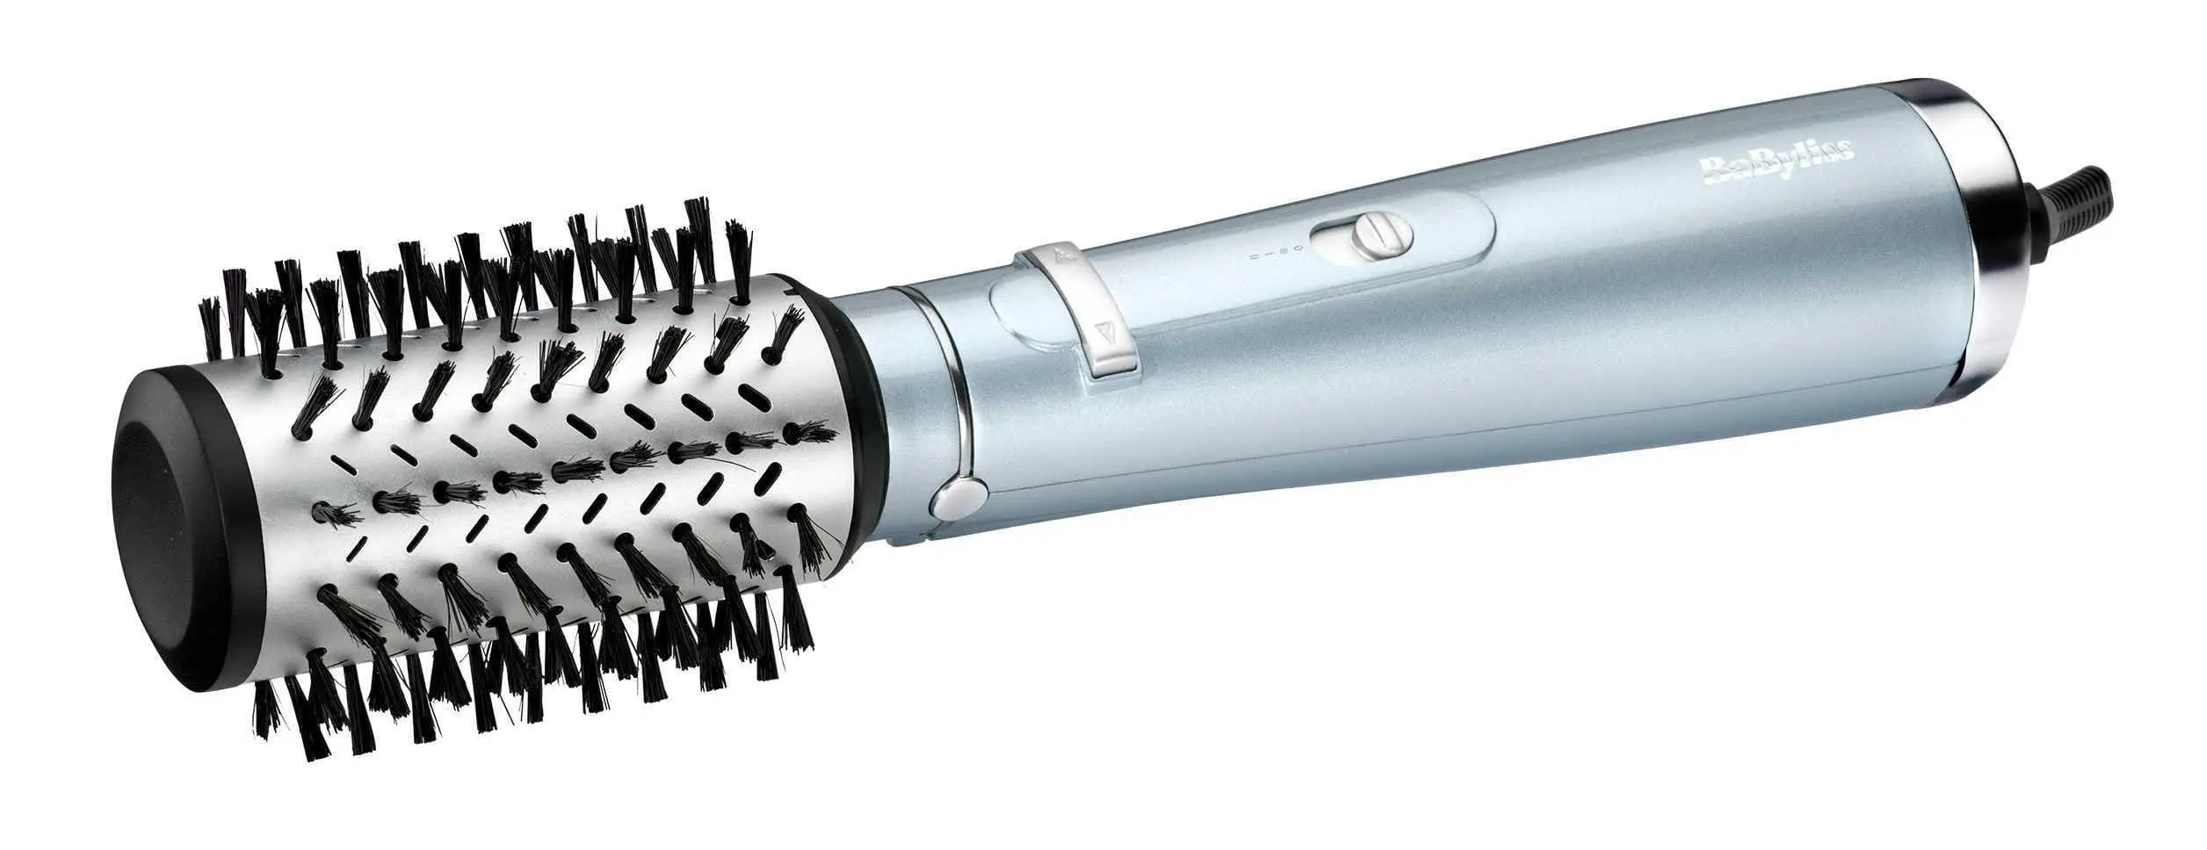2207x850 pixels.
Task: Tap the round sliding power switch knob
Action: [x=1383, y=234]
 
